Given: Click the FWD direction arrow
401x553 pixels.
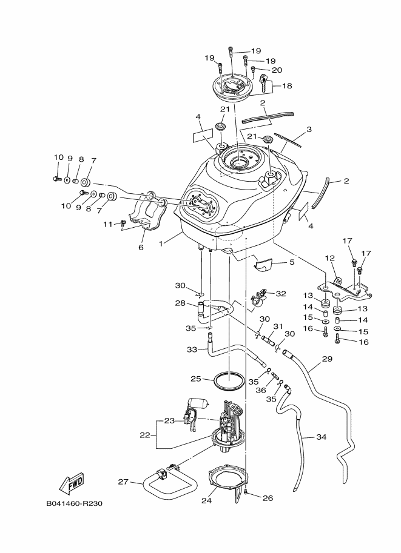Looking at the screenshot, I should (72, 483).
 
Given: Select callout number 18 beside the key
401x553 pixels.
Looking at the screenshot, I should (287, 86).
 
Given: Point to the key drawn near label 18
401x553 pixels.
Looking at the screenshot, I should (265, 84).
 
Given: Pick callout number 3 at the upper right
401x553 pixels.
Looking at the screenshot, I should (309, 129).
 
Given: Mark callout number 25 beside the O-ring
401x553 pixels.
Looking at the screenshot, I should (195, 379).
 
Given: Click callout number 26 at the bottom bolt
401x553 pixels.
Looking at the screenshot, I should (268, 498).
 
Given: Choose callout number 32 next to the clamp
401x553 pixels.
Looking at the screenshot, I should (280, 294).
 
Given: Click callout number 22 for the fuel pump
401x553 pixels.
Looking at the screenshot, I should (144, 434).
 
